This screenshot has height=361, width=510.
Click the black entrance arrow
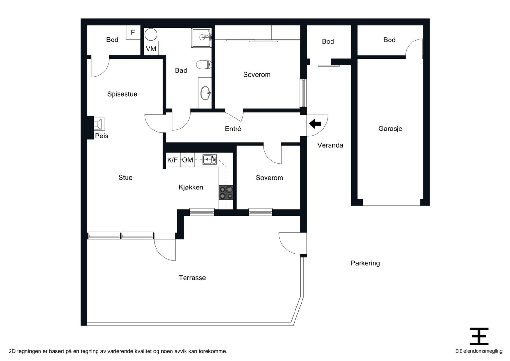(315, 124)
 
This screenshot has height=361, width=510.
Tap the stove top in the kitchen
(226, 192)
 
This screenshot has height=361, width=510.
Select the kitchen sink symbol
(210, 159)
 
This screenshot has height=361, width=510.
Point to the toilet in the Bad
(204, 64)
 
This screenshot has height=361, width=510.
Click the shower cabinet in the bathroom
(201, 38)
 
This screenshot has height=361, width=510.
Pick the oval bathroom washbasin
(205, 93)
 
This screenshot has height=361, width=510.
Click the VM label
(151, 49)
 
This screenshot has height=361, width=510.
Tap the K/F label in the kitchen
(172, 160)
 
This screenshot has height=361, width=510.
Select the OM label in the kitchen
(187, 160)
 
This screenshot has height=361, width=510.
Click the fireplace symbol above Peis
(99, 124)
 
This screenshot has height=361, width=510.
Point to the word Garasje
(390, 129)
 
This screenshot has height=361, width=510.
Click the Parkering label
(365, 263)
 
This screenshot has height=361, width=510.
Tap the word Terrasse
(193, 278)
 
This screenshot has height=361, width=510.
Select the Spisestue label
(122, 94)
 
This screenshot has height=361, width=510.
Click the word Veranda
(330, 145)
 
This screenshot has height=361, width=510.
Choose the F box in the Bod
(133, 32)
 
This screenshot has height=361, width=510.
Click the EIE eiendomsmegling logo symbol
(479, 336)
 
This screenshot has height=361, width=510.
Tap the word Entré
(233, 129)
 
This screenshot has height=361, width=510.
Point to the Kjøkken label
(191, 187)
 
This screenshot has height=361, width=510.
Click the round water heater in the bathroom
(150, 34)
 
